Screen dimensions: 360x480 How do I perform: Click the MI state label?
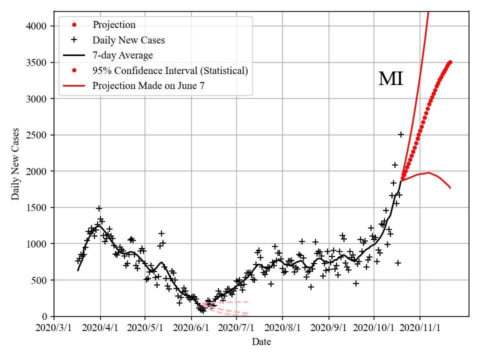coord(390,79)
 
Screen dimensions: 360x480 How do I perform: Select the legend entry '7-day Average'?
coord(122,55)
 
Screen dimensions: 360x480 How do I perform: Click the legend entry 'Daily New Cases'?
coord(128,40)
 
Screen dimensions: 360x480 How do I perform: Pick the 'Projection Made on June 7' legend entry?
coord(148,86)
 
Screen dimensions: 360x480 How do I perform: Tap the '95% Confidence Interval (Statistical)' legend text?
coord(170,70)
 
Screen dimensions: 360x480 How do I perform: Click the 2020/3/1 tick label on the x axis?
coord(54,328)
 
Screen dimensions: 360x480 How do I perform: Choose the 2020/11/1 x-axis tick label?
coord(420,328)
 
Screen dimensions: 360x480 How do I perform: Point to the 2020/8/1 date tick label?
coord(282,328)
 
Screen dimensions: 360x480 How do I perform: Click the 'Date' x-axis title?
coord(261,342)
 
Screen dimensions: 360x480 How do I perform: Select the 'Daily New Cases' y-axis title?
coord(15,164)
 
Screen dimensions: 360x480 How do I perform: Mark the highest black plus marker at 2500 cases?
coord(401,134)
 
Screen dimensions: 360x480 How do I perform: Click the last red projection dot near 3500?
coord(450,62)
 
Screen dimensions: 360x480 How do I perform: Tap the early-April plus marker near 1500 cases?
coord(99,208)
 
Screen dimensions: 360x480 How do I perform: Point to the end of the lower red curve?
coord(450,188)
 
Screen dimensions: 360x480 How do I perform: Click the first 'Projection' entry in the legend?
coord(113,25)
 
